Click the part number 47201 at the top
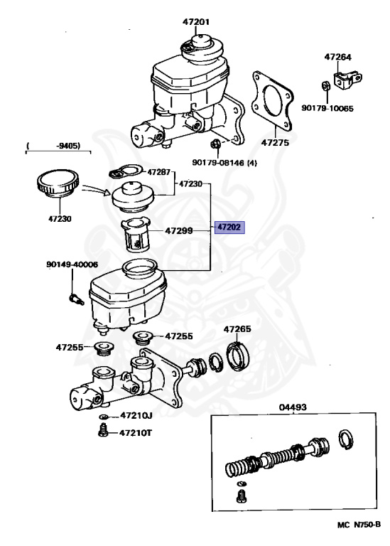coord(196,22)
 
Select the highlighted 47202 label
coord(229,227)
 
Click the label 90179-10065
coord(327,108)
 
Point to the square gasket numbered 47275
coord(271,101)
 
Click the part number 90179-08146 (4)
coord(224,163)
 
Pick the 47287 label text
coord(158,172)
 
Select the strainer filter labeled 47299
coord(135,235)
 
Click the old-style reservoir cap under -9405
coord(58,183)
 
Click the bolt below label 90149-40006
coord(76,299)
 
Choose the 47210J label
coord(136,415)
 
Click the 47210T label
coord(136,433)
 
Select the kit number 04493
coord(293,407)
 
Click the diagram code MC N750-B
coord(359,525)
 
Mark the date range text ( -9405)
coord(53,146)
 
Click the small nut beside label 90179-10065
coord(325,85)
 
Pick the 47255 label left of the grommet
coord(70,347)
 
